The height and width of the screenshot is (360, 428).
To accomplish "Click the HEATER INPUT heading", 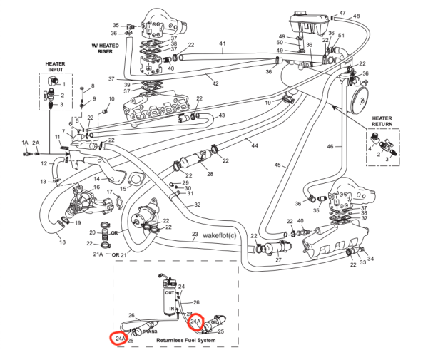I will click(x=55, y=67).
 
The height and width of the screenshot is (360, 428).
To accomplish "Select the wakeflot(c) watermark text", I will click(x=224, y=235).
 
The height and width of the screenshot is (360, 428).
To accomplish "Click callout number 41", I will click(x=223, y=43).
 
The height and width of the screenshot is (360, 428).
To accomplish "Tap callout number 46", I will click(x=330, y=146).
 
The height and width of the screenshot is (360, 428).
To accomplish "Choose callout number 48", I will click(x=356, y=16).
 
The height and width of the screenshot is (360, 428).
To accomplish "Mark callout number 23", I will click(x=195, y=235).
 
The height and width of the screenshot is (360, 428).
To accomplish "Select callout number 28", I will click(x=210, y=174).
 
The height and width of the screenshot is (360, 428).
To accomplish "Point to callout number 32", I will click(x=198, y=204).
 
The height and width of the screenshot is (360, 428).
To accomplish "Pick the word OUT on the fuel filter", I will click(x=169, y=292).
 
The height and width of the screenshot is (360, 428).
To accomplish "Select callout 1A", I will click(x=24, y=143).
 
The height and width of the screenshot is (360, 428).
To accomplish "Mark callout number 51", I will click(x=341, y=36).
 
